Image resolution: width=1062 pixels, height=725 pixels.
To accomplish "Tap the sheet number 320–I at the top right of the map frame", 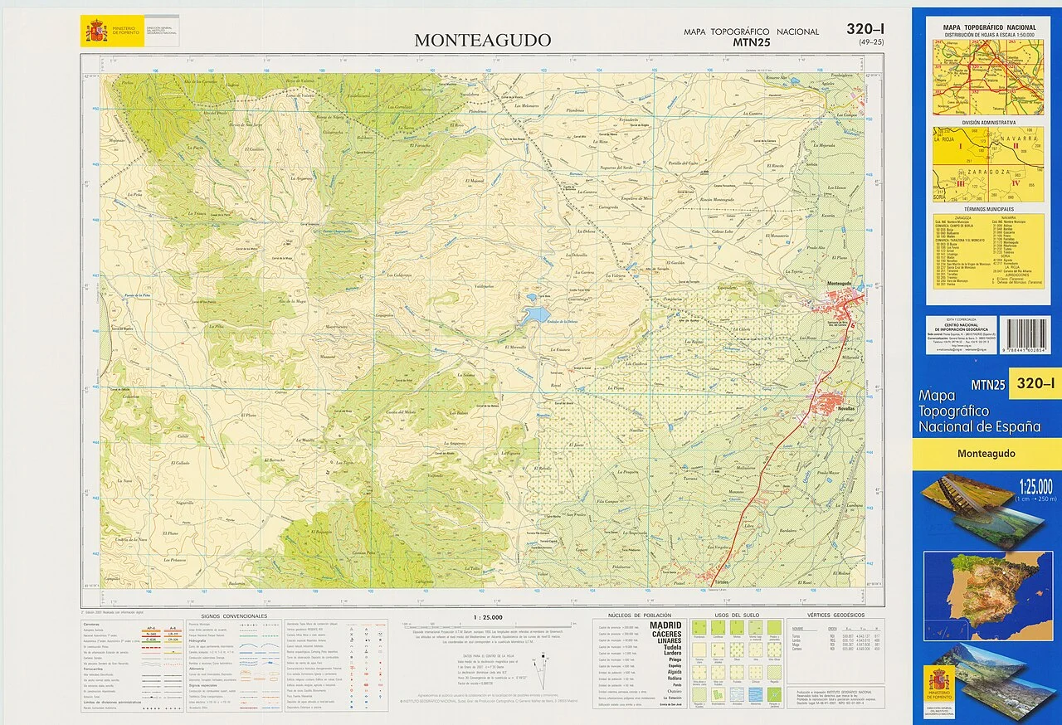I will pyautogui.click(x=865, y=29).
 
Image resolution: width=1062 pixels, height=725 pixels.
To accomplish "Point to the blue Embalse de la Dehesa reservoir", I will pyautogui.click(x=536, y=314).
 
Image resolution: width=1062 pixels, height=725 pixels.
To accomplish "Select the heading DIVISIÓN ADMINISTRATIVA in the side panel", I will pyautogui.click(x=988, y=122).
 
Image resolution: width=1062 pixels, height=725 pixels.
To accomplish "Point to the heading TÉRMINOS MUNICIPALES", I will pyautogui.click(x=988, y=209).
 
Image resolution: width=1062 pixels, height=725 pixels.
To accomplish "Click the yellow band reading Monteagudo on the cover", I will pyautogui.click(x=986, y=454).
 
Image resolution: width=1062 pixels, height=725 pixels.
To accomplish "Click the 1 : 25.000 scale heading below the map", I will pyautogui.click(x=487, y=617).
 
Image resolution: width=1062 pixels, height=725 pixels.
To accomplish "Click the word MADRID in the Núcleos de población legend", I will pyautogui.click(x=665, y=625).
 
